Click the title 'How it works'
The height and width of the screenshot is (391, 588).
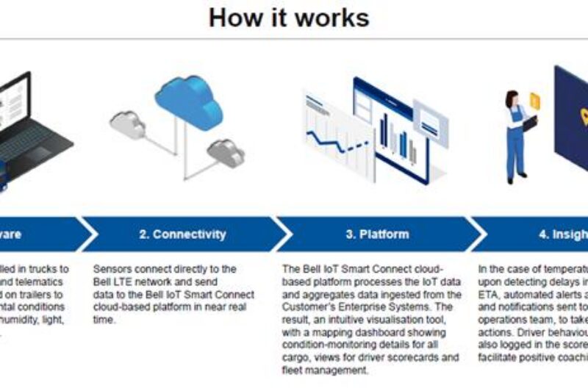pos(289,17)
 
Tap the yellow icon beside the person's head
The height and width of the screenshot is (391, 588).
pos(534,99)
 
